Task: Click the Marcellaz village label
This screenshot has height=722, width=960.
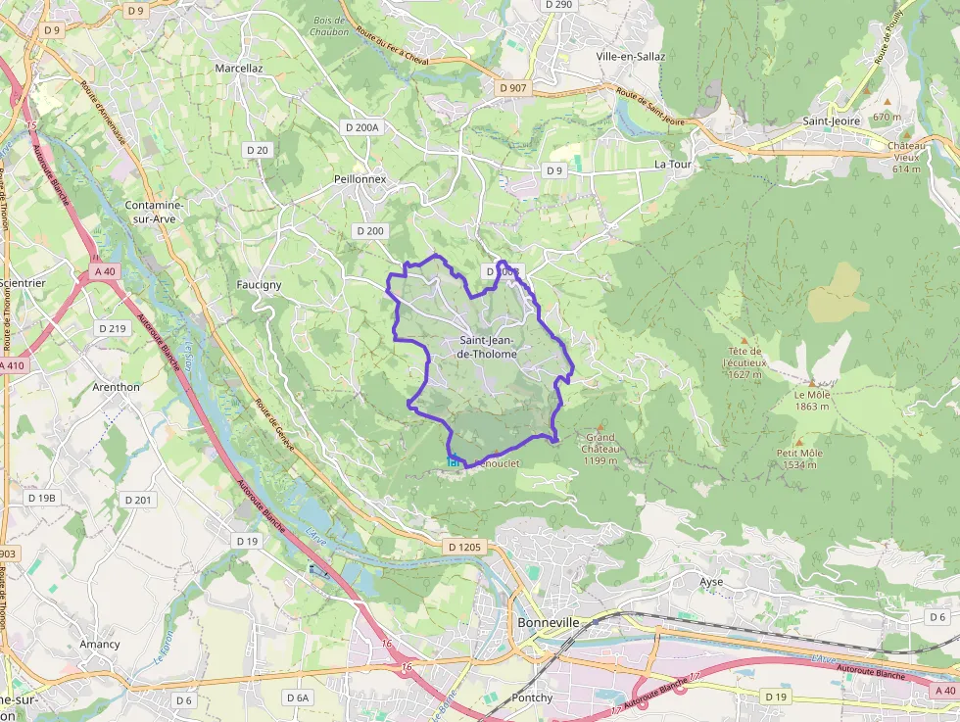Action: [239, 69]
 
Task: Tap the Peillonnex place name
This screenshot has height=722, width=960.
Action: [360, 180]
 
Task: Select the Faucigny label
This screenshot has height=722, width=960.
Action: [260, 285]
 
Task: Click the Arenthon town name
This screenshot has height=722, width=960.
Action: [116, 387]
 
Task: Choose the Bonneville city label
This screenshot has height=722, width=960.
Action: [548, 623]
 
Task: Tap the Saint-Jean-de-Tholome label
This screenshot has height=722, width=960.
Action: [487, 347]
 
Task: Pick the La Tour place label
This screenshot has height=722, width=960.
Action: [673, 165]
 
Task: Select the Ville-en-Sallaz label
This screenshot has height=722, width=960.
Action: [631, 56]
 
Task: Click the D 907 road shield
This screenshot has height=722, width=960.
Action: [512, 88]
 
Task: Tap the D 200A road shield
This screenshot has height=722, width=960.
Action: [361, 127]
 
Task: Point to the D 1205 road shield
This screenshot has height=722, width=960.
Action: [463, 546]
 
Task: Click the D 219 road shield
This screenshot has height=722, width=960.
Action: [113, 328]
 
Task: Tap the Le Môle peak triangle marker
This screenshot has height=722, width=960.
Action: [811, 383]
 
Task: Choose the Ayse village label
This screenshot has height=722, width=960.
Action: [711, 581]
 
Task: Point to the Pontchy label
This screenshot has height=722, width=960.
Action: [532, 698]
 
